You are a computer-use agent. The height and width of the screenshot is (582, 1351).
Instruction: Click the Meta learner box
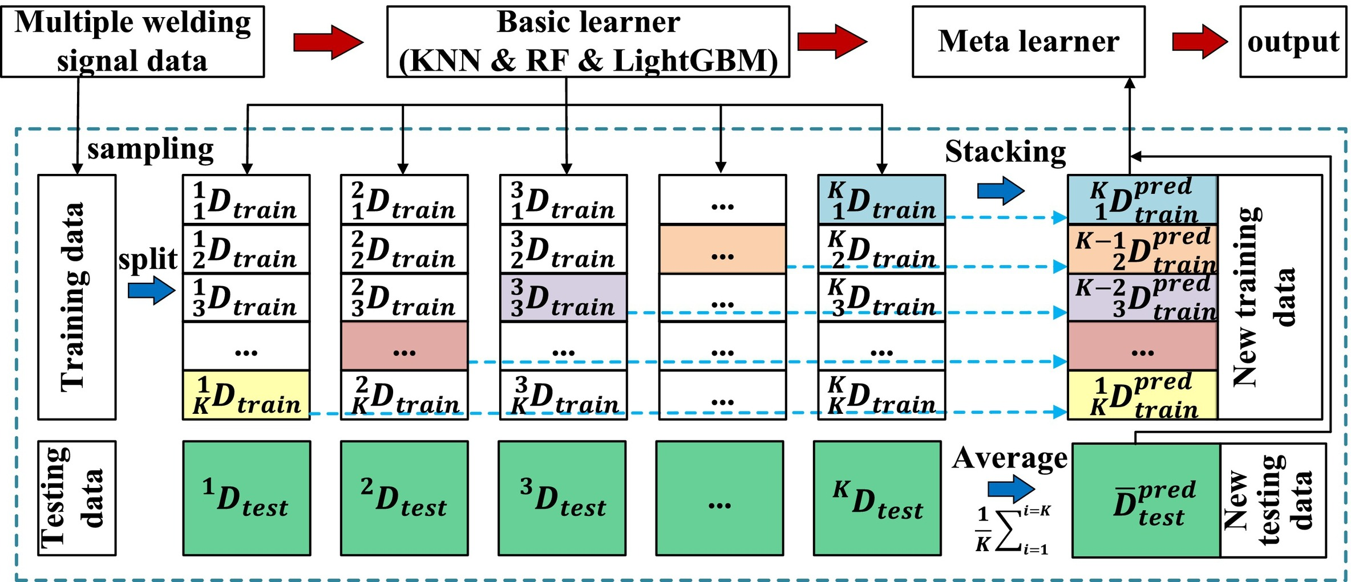[1028, 42]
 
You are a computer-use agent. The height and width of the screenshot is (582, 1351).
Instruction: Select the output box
[1293, 42]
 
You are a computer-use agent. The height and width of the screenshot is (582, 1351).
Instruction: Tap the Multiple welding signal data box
[132, 42]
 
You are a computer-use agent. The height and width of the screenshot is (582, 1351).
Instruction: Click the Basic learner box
[588, 42]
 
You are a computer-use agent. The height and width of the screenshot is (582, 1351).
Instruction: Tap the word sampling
[150, 149]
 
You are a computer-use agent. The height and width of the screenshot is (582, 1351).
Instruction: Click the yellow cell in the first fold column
[246, 395]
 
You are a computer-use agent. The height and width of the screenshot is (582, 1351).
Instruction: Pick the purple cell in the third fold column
[563, 298]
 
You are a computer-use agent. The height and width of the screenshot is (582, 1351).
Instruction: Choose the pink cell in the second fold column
[404, 346]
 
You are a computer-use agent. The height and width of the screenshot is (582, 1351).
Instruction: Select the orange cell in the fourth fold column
[722, 249]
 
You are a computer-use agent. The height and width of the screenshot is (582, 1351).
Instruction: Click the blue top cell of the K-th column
[881, 200]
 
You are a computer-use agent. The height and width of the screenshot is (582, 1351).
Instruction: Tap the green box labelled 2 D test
[404, 498]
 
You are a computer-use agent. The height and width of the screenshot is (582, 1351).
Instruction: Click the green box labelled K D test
[877, 498]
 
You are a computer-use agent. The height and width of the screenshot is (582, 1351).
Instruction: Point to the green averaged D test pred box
[1146, 500]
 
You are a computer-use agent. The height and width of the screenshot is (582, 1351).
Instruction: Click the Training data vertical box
[77, 297]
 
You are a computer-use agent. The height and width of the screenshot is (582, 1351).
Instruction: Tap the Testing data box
[77, 498]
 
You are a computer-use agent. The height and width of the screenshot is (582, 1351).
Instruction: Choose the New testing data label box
[1272, 500]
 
